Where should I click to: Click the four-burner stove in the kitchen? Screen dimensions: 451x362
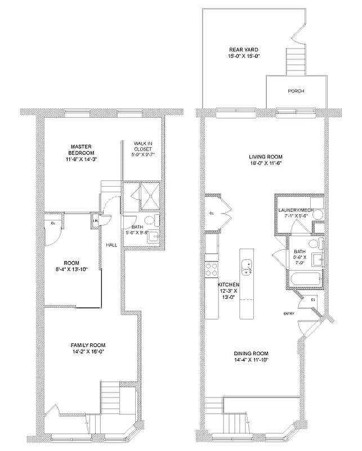(212, 269)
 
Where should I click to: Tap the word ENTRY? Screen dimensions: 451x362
(288, 314)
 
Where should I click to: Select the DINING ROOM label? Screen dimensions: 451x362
(252, 354)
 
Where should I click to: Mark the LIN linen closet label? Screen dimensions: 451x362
(95, 221)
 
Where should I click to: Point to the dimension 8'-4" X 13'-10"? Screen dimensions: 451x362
(71, 269)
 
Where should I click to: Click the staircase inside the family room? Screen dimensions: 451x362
(111, 398)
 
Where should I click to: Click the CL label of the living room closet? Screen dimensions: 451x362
(212, 213)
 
